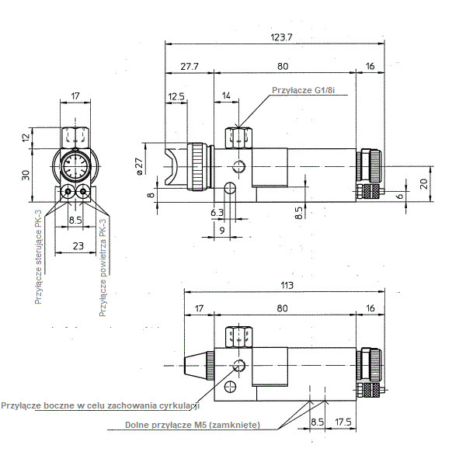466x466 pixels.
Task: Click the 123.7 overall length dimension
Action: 281,37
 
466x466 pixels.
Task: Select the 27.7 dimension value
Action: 190,66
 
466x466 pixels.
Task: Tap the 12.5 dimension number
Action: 176,96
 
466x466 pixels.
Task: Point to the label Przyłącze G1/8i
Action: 304,90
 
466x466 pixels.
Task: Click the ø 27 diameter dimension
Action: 139,166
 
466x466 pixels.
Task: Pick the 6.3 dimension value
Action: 217,213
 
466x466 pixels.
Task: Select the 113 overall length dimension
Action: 287,285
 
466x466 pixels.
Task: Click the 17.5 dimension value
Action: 343,422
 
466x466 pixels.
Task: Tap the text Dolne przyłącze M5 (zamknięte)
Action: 193,425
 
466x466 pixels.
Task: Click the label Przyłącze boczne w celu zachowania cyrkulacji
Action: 100,405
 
